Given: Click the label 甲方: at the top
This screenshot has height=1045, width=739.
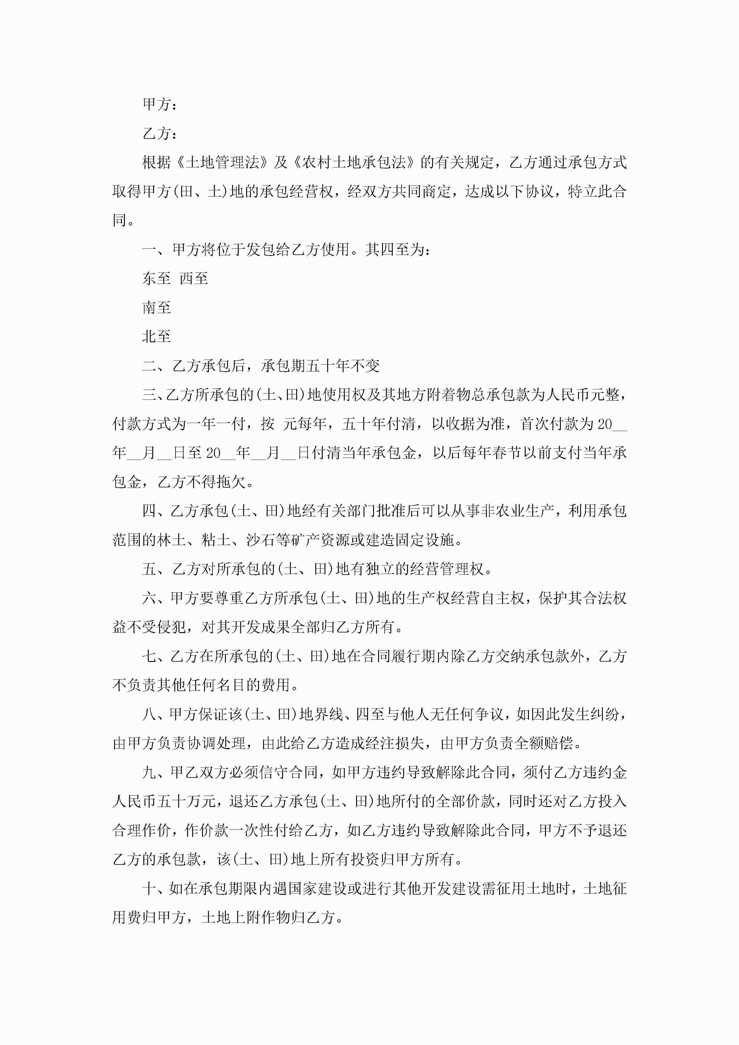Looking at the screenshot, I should (x=159, y=105).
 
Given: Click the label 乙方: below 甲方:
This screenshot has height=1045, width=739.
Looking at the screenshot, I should (x=159, y=134).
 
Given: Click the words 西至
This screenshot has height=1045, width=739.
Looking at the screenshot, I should (x=194, y=279).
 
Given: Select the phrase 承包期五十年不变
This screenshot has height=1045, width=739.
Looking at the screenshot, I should (x=320, y=366).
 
